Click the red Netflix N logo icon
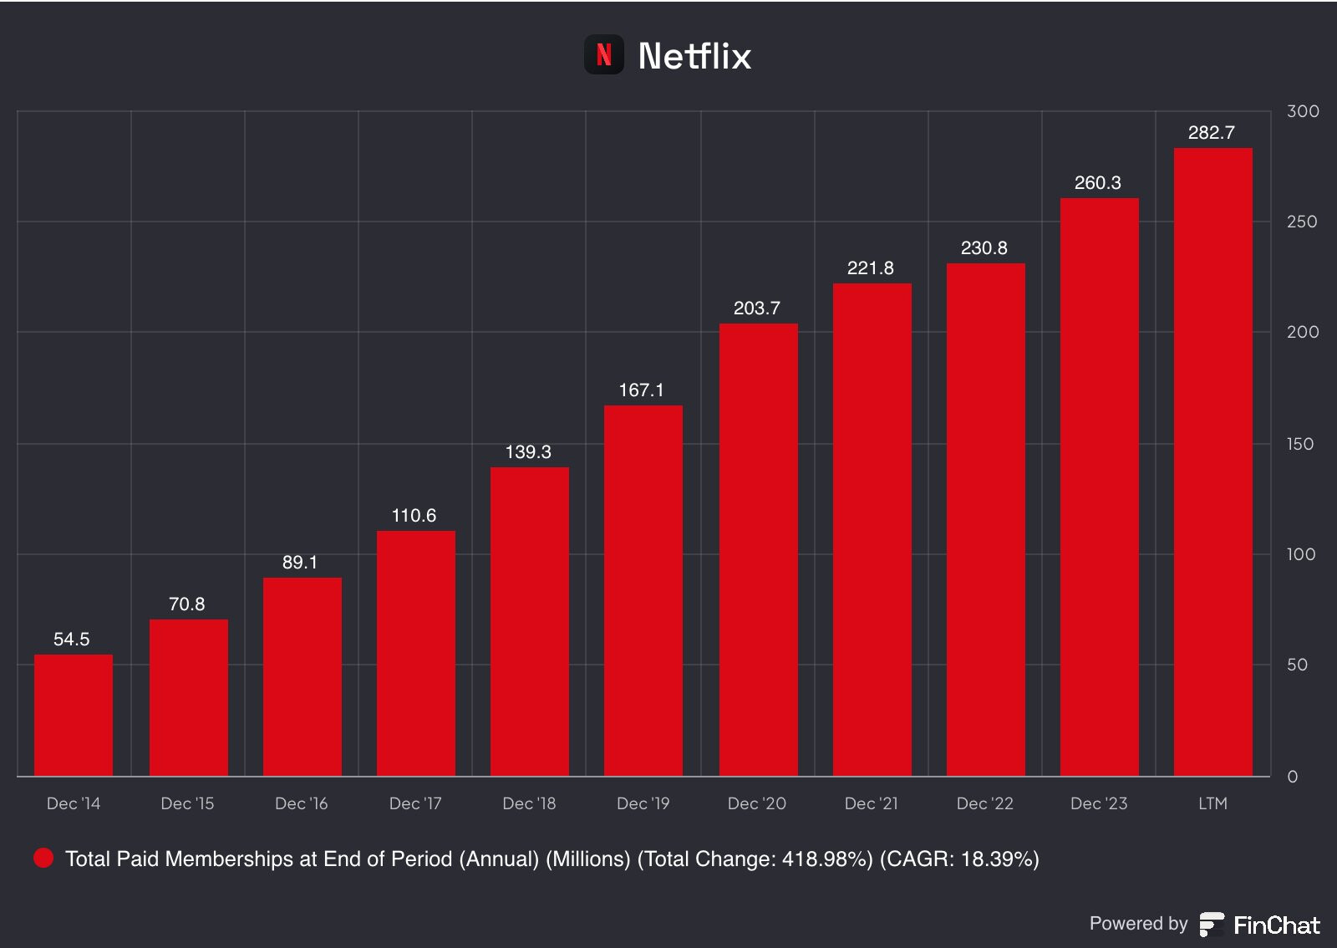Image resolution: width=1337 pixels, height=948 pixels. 603,55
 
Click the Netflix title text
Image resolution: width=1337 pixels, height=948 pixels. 694,56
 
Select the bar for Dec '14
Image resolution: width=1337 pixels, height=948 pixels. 74,715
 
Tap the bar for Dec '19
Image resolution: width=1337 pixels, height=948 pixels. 643,590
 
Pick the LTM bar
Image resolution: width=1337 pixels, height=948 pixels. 1212,461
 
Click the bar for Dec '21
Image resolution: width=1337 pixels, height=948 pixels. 872,529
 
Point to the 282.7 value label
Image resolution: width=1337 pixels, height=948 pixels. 1211,133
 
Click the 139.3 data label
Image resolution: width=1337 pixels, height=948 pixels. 528,452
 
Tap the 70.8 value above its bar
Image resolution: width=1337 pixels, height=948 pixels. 186,604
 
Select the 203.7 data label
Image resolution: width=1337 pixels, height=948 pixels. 756,308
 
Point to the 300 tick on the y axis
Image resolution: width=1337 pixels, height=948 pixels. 1303,111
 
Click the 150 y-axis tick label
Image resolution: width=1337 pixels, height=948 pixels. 1300,444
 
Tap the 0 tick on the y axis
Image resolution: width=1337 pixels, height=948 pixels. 1293,777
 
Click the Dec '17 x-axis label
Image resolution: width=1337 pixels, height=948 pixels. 415,803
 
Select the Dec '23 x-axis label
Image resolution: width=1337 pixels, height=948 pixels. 1099,803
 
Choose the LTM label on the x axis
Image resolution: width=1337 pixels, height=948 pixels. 1212,803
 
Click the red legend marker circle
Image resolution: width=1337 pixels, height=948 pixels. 43,859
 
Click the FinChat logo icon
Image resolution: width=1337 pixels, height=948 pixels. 1212,925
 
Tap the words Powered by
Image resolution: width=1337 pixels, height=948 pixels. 1138,924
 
